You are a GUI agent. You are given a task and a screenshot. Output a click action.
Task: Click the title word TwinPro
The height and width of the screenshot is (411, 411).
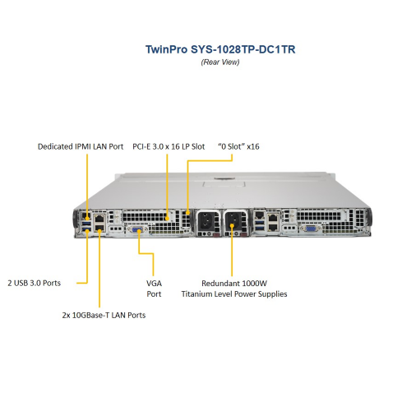coord(167,49)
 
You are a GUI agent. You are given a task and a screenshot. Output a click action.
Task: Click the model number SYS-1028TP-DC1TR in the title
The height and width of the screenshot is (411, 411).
coord(243,49)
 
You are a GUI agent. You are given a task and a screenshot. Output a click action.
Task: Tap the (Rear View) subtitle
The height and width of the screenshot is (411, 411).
coord(220,62)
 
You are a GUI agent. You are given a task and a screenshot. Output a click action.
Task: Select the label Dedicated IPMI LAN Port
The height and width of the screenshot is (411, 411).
coord(81,146)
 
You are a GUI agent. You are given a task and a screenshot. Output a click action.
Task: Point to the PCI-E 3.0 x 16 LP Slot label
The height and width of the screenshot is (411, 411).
coord(169,146)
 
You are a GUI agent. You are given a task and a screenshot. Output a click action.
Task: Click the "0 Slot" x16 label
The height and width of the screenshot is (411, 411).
coord(238,146)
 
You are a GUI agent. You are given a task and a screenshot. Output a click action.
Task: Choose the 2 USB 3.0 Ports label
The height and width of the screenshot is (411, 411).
coord(35,283)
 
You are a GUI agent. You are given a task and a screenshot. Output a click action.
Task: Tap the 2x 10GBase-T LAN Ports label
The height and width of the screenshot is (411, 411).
coord(104,315)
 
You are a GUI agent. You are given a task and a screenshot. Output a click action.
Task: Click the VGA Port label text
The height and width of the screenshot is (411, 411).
coord(154,289)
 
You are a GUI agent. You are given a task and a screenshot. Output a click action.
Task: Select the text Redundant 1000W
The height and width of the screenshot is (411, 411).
coord(234,283)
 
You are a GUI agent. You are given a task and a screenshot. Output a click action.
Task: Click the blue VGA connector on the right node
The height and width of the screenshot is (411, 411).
coord(310,229)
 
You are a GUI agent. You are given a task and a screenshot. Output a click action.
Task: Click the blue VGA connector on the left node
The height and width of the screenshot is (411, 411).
coord(136,229)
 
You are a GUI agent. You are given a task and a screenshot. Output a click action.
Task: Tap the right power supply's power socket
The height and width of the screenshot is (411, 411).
coord(233,220)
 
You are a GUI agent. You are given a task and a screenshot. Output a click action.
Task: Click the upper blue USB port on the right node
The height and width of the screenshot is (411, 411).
coord(260,222)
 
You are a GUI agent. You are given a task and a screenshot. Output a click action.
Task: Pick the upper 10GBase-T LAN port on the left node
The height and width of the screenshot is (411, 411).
coord(99,219)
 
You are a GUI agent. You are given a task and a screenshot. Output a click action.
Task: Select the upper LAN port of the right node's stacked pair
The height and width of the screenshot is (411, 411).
coord(273,219)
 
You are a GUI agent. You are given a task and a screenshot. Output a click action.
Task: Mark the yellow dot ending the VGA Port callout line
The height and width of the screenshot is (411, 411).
coord(139,231)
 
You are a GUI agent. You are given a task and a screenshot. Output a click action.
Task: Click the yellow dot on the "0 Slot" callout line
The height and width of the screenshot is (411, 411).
coord(187,213)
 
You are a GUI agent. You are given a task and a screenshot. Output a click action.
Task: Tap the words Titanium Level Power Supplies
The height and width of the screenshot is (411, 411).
coord(234,294)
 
